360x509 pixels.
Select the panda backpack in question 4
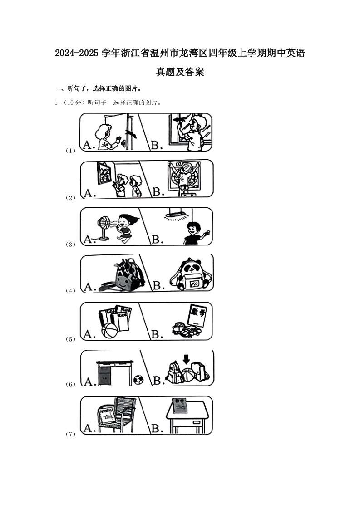(189, 274)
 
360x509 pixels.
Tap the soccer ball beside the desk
(138, 379)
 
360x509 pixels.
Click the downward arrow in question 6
(186, 359)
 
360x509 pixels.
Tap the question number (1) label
(70, 151)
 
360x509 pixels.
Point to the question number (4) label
(70, 291)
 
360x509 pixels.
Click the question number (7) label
(70, 434)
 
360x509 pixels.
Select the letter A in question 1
(89, 145)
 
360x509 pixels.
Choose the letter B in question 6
(158, 380)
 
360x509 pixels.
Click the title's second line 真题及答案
(180, 72)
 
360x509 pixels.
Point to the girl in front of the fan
(124, 227)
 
